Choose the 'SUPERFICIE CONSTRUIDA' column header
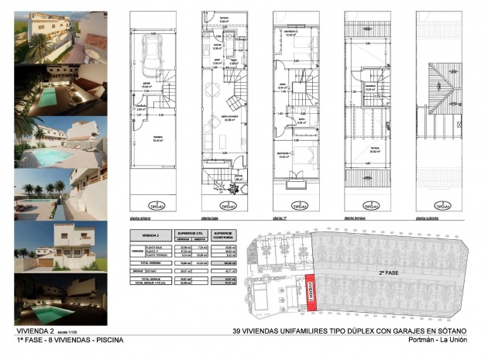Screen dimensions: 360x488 click(225, 235)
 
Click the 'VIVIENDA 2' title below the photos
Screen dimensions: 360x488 click(36, 331)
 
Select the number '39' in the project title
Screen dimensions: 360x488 click(239, 331)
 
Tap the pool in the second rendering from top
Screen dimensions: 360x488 click(47, 96)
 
